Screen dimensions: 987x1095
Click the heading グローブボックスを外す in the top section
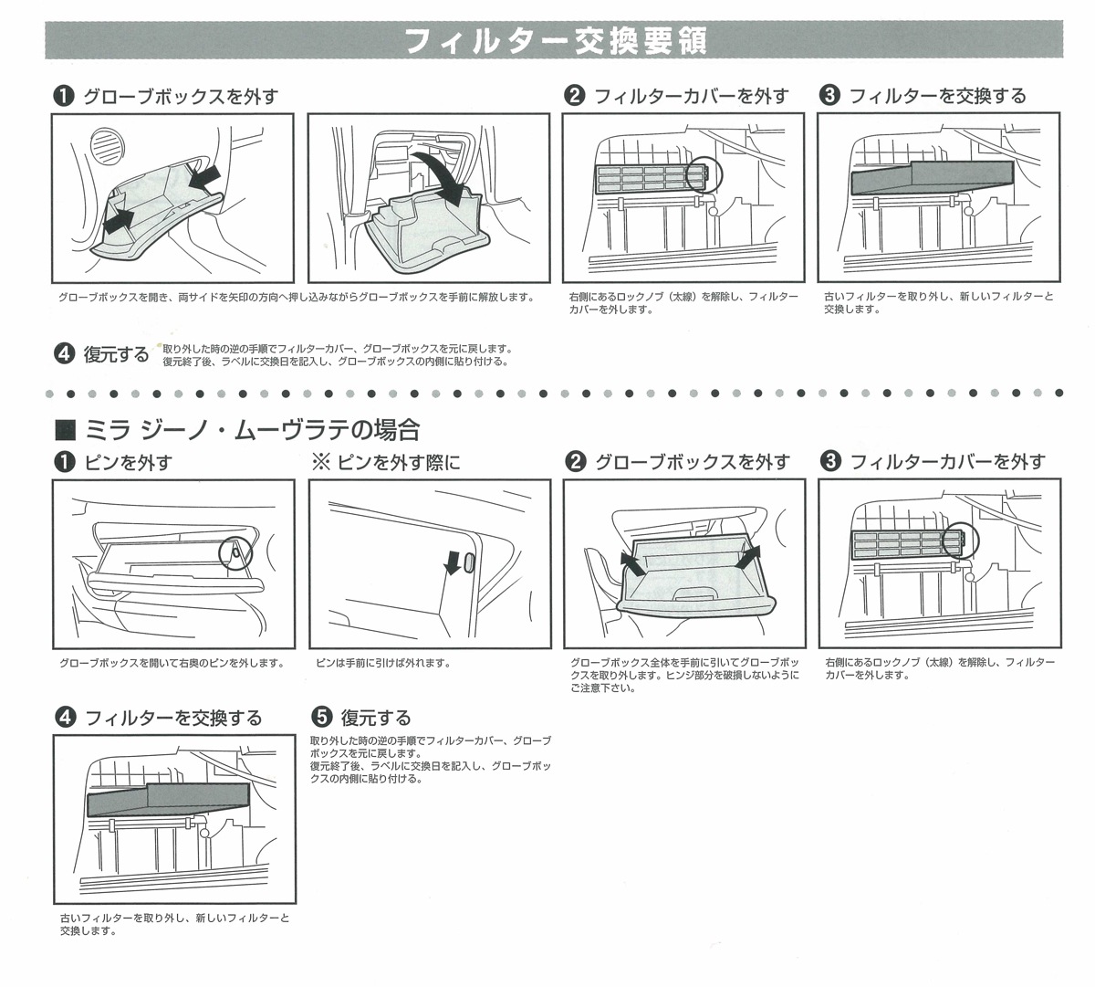[x=180, y=96]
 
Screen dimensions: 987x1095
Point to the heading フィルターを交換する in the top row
[x=937, y=96]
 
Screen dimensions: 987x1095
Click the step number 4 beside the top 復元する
[x=65, y=353]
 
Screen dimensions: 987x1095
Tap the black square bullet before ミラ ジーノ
[x=65, y=429]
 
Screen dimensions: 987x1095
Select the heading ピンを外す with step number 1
[x=127, y=463]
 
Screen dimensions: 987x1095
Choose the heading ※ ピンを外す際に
[x=386, y=463]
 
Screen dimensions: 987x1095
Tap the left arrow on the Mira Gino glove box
[x=631, y=563]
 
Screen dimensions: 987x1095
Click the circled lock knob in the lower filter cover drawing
[x=960, y=541]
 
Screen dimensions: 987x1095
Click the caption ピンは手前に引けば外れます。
[x=382, y=663]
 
